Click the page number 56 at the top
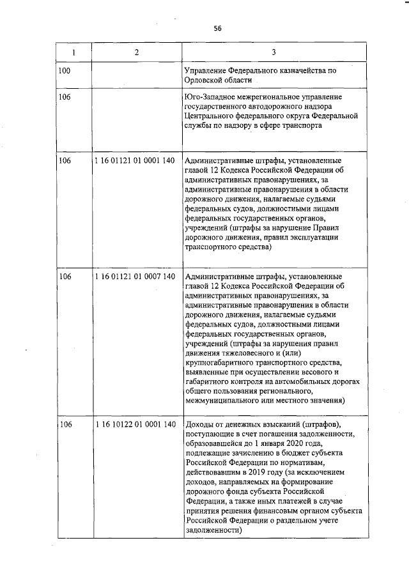click(217, 29)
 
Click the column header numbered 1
click(73, 52)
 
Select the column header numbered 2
click(136, 52)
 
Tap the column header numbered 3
click(274, 52)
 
